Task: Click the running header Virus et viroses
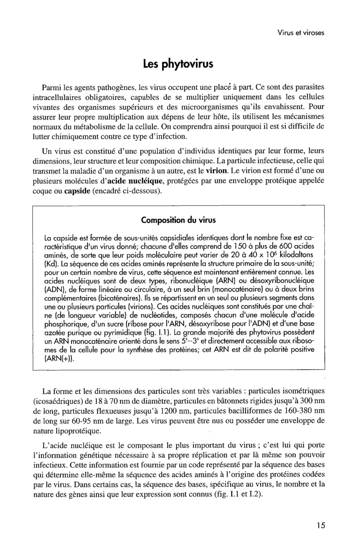[x=301, y=32]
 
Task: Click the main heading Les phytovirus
[x=178, y=63]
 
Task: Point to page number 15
[x=320, y=526]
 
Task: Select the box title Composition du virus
[x=179, y=220]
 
